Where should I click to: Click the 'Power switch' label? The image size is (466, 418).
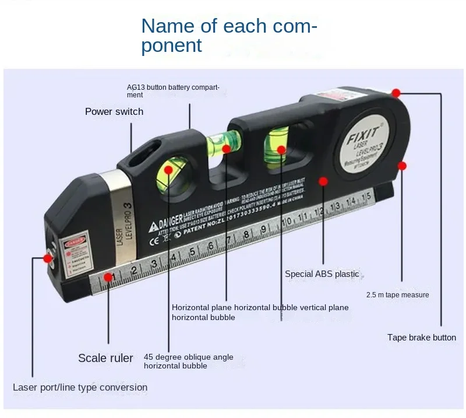(x=114, y=111)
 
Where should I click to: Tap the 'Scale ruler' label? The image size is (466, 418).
(x=105, y=358)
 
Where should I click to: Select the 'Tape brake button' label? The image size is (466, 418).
(x=422, y=337)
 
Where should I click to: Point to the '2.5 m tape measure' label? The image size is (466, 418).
(x=398, y=295)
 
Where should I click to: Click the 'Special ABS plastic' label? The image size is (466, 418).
(x=322, y=273)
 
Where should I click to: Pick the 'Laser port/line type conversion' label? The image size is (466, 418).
(x=80, y=387)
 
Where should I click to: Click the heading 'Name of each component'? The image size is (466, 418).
(x=229, y=35)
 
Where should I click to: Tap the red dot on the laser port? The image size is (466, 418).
(x=47, y=257)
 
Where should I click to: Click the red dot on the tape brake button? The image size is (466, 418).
(x=396, y=93)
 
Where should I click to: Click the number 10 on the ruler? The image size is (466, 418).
(x=286, y=222)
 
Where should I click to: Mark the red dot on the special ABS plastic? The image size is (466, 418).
(x=322, y=181)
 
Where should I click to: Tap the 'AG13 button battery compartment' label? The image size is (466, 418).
(x=173, y=91)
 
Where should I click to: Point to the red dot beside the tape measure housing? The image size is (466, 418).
(x=402, y=166)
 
